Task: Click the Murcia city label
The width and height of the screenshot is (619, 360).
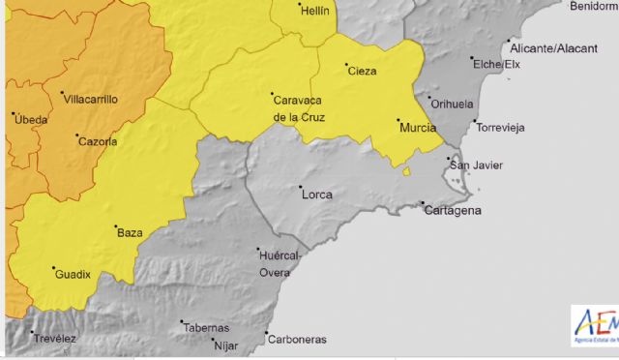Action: point(416,127)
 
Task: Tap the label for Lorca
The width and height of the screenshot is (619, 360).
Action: point(317,195)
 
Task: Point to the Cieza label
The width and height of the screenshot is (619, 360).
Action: point(362,71)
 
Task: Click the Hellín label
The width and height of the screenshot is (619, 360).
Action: point(315,12)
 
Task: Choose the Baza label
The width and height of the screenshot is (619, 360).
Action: point(130,233)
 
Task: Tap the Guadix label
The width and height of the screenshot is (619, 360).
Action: point(73,274)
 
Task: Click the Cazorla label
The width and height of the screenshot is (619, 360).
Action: point(97,141)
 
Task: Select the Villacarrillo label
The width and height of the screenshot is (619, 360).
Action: point(89,99)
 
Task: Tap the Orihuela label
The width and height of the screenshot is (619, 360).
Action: point(452,104)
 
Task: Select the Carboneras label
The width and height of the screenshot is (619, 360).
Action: point(298,340)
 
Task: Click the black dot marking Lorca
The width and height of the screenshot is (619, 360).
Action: point(300,187)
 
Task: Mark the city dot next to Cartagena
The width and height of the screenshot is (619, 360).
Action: point(423,203)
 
